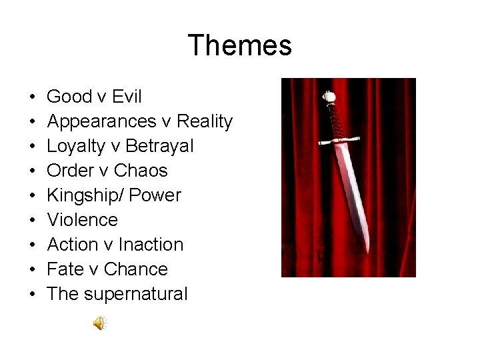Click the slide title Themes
(240, 46)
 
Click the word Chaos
(141, 171)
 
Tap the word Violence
(83, 220)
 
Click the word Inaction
(153, 245)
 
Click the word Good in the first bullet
(70, 97)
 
